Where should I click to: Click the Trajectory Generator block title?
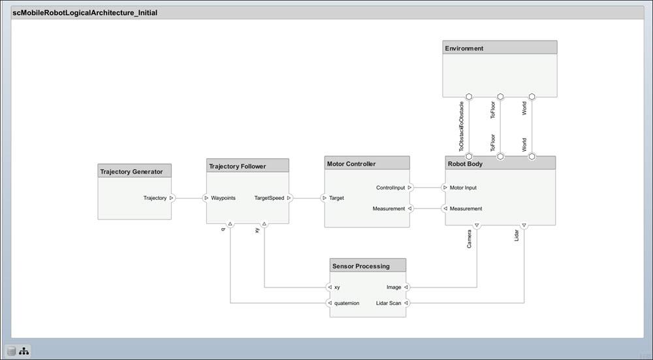tap(131, 172)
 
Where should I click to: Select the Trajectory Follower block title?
tap(238, 166)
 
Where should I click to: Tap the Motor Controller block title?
tap(351, 163)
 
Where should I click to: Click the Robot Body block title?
tap(465, 163)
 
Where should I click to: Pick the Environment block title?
tap(464, 48)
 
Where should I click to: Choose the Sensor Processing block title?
tap(360, 266)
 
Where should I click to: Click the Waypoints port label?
tap(223, 197)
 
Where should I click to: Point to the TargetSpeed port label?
tap(269, 197)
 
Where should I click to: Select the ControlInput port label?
tap(390, 188)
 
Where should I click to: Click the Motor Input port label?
tap(463, 188)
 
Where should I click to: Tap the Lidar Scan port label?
tap(389, 303)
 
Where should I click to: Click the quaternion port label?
tap(347, 303)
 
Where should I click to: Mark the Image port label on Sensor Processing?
tap(394, 287)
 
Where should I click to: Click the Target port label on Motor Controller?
tap(336, 197)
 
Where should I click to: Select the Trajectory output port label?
tap(155, 197)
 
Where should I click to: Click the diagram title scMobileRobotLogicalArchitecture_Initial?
tap(85, 12)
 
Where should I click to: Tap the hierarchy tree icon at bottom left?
tap(24, 352)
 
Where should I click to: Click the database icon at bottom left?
tap(11, 352)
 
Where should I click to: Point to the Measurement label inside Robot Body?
tap(466, 208)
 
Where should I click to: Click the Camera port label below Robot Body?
tap(470, 239)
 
